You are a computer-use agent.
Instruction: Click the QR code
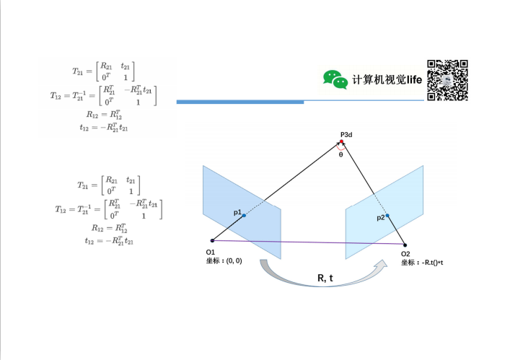pos(448,79)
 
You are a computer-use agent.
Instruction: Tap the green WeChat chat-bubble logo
pos(335,79)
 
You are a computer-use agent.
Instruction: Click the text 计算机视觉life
pos(387,79)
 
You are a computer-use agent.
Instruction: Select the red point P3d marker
pos(343,141)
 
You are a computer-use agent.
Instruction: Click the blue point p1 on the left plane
pos(244,215)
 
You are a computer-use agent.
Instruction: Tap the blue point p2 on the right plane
pos(387,216)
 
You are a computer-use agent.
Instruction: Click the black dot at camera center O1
pos(211,241)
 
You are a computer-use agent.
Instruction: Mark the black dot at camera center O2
pos(405,245)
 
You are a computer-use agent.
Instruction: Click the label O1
pos(211,251)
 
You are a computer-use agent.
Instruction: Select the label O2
pos(405,255)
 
